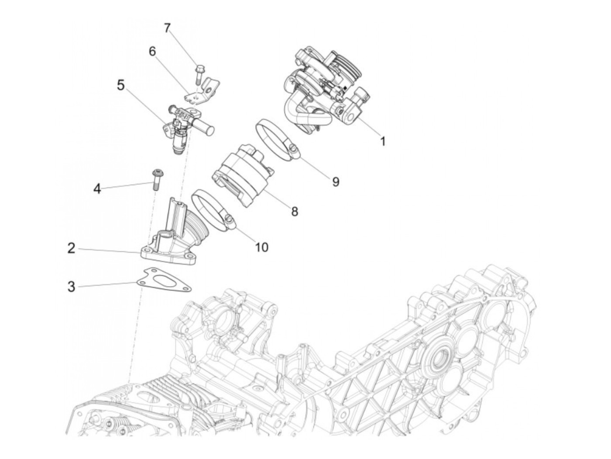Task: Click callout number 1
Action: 383,141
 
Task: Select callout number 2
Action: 72,248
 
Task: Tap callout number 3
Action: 72,287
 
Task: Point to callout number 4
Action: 97,189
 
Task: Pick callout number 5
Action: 121,85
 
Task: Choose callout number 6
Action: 152,51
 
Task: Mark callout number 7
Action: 167,28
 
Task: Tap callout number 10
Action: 262,247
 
